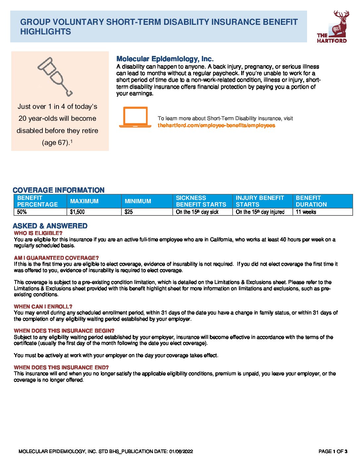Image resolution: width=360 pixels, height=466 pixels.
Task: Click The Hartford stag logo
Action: pyautogui.click(x=332, y=27)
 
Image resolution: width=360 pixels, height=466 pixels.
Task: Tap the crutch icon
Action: pyautogui.click(x=55, y=76)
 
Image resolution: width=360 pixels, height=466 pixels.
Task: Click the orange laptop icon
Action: pyautogui.click(x=135, y=117)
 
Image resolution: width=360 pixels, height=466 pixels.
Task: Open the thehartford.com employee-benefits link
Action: pyautogui.click(x=216, y=125)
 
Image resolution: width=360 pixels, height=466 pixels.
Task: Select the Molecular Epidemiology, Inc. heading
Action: pyautogui.click(x=165, y=59)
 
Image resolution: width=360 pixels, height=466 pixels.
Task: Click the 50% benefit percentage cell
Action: pyautogui.click(x=22, y=212)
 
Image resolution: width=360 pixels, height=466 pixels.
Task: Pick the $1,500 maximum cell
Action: pyautogui.click(x=77, y=212)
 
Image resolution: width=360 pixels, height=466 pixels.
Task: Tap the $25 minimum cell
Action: pyautogui.click(x=129, y=212)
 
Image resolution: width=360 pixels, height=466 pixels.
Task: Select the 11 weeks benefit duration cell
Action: pyautogui.click(x=306, y=212)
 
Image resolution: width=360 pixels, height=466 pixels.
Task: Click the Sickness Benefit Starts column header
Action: pyautogui.click(x=201, y=201)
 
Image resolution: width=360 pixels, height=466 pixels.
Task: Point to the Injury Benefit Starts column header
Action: pyautogui.click(x=260, y=201)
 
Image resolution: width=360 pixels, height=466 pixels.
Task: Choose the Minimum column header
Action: pyautogui.click(x=138, y=201)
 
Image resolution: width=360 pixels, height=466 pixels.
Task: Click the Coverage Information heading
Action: pyautogui.click(x=59, y=190)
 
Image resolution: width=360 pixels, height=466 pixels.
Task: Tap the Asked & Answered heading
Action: pyautogui.click(x=50, y=226)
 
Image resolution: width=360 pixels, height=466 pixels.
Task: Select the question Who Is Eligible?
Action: pyautogui.click(x=38, y=233)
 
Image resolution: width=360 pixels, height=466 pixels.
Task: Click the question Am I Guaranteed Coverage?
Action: pyautogui.click(x=56, y=258)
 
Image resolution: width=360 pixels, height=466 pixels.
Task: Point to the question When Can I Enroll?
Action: pyautogui.click(x=43, y=306)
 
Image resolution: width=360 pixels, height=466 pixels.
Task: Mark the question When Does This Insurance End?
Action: pyautogui.click(x=61, y=367)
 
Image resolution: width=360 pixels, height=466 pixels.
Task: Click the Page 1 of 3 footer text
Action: pyautogui.click(x=333, y=451)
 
